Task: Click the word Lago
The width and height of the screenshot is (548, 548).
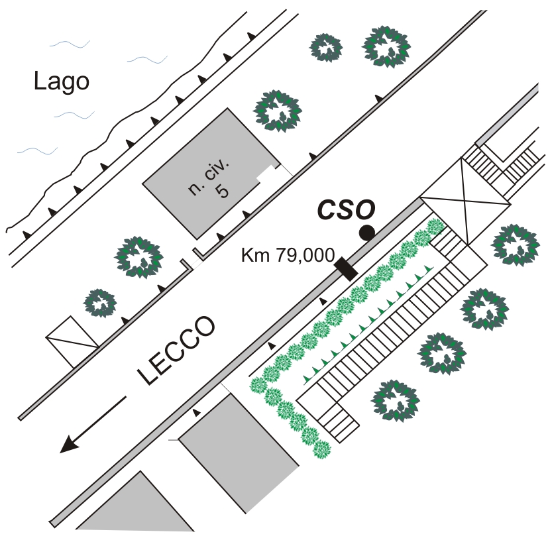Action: (61, 82)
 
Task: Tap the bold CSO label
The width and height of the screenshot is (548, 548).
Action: (346, 209)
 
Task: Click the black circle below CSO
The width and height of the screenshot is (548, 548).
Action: (366, 233)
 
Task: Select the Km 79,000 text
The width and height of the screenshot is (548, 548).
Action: (287, 255)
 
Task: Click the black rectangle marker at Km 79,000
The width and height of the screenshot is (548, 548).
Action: (345, 268)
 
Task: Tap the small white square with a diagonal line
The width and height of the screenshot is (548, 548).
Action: (72, 341)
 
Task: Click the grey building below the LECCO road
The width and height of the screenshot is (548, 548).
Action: (237, 451)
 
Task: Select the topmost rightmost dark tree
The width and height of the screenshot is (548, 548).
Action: (386, 46)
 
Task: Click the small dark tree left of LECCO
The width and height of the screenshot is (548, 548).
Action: (101, 303)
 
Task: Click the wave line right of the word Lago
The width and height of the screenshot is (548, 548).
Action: (147, 60)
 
